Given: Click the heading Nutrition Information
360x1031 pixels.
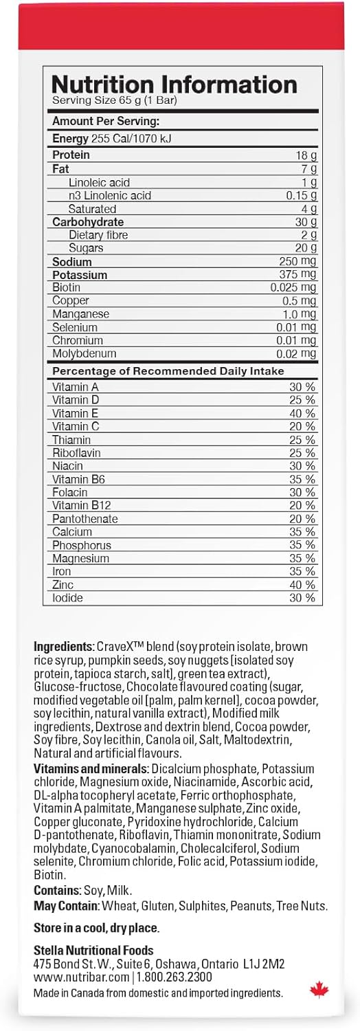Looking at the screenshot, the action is click(x=175, y=85).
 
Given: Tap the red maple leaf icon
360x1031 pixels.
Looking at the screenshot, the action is click(x=319, y=990).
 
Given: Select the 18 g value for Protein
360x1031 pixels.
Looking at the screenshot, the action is click(x=306, y=156).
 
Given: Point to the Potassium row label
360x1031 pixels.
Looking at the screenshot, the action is click(x=80, y=275).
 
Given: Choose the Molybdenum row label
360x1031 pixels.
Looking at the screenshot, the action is click(x=85, y=354).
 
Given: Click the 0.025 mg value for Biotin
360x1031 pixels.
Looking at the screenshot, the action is click(x=293, y=288).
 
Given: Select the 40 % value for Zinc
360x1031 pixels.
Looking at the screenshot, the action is click(x=302, y=585).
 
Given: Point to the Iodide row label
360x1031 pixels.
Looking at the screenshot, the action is click(x=67, y=598).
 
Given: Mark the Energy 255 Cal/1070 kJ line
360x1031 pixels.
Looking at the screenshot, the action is click(x=112, y=139).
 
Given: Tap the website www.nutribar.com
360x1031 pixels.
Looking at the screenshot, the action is click(x=81, y=977).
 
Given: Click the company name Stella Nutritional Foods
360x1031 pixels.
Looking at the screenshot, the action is click(x=93, y=951).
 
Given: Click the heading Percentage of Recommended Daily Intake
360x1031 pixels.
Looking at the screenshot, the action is click(x=168, y=372).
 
